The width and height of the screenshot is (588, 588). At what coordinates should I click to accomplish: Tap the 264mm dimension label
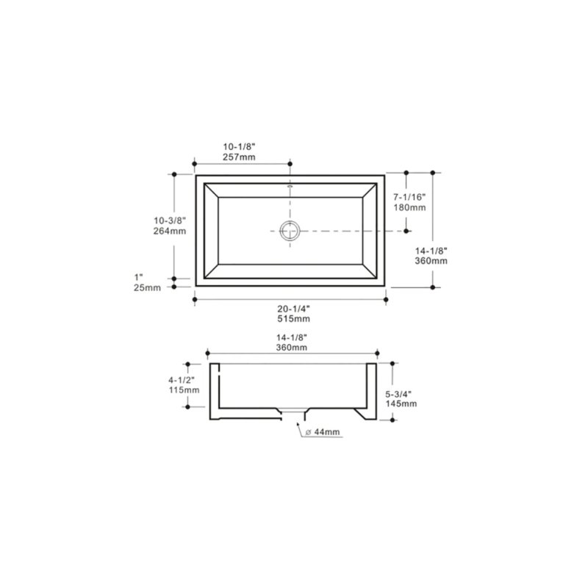[x=170, y=231]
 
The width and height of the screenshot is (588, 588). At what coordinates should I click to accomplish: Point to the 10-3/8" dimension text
[x=170, y=220]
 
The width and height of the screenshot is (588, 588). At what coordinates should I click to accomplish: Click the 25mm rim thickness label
[x=148, y=287]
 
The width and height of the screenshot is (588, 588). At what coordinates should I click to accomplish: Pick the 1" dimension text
[x=138, y=276]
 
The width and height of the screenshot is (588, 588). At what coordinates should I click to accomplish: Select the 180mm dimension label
[x=409, y=208]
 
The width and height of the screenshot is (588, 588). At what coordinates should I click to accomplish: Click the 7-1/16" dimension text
[x=409, y=197]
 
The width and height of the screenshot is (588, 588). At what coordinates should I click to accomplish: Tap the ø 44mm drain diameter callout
[x=325, y=433]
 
